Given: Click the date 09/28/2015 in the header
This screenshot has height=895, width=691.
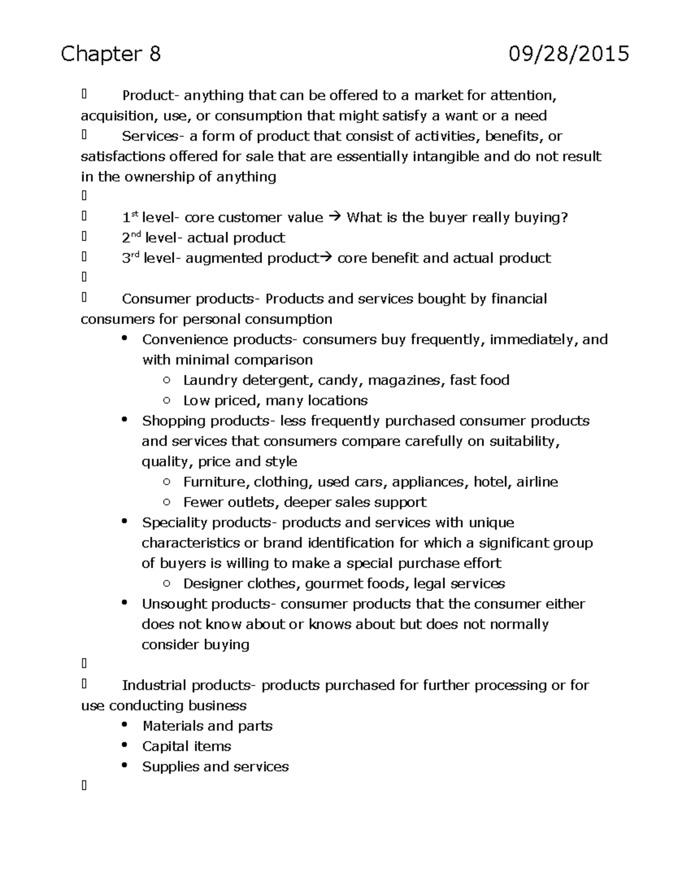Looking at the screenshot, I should pos(568,54).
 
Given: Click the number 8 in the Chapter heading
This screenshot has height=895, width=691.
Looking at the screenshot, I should pos(154,54).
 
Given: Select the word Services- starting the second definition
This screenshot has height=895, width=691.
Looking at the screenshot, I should pos(150,137).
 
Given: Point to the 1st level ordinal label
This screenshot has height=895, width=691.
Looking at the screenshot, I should pos(131,217).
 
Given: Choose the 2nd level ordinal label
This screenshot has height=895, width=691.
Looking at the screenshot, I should pos(131,237).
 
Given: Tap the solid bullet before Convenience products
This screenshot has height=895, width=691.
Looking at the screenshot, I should pos(124,339).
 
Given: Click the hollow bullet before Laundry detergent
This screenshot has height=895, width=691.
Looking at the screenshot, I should pos(166,380).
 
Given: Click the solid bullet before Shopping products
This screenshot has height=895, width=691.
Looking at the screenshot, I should pos(124,420).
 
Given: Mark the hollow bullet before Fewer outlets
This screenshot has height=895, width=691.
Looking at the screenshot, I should pos(166,503).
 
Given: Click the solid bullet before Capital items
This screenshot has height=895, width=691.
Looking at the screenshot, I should pos(124,745).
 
